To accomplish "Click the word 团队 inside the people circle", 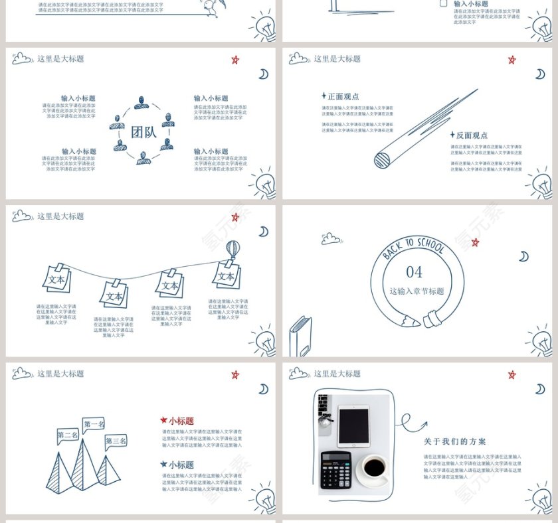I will [143, 131].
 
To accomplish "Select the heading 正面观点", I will [343, 96].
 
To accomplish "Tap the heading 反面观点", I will [472, 135].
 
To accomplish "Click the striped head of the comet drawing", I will [382, 159].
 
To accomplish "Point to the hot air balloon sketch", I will [232, 250].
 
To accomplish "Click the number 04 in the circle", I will [414, 272].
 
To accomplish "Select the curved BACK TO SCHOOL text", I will [413, 247].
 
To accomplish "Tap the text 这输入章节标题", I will [417, 291].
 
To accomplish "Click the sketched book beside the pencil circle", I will [300, 335].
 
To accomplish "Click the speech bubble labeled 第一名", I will [94, 424].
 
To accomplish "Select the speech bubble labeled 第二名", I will [68, 435].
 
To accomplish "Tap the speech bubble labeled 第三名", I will [116, 441].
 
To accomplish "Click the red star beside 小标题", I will [163, 420].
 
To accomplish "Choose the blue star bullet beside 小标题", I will [163, 465].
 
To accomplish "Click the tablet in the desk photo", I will [353, 425].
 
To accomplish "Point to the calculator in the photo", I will [335, 470].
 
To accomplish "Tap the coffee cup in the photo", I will [374, 469].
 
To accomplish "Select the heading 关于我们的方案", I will [455, 441].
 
